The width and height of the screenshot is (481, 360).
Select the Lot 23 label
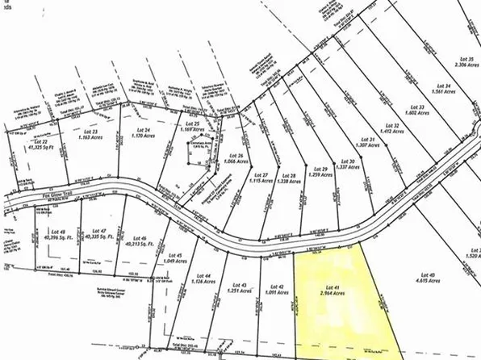pos(91,132)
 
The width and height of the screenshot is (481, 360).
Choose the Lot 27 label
pos(260,176)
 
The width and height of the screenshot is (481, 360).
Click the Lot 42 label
pos(278,287)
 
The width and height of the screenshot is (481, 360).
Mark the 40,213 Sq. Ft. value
pos(138,248)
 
